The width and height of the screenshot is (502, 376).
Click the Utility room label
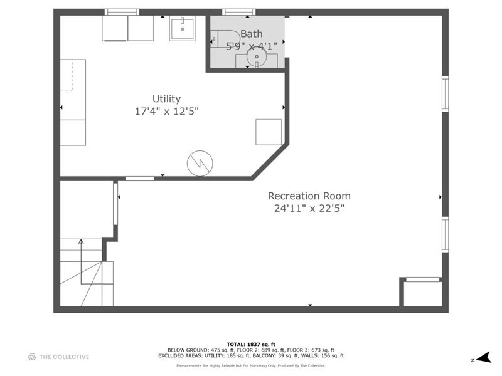click(166, 98)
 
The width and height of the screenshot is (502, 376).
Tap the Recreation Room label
click(309, 196)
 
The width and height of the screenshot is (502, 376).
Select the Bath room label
click(252, 34)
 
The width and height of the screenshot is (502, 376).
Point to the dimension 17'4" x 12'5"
click(166, 112)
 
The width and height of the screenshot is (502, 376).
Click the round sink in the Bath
click(257, 58)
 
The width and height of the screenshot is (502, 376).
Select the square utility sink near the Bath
click(183, 28)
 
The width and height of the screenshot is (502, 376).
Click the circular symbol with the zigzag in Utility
click(200, 164)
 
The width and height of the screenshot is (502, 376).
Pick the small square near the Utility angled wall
click(269, 132)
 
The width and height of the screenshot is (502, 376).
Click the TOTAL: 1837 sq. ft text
click(251, 345)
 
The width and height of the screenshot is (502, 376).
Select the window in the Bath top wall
click(239, 11)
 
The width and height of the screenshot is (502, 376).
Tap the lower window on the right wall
click(445, 234)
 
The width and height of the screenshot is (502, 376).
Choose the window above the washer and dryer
click(122, 11)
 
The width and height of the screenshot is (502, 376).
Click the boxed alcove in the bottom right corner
click(422, 293)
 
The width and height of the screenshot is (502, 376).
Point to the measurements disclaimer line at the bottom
click(251, 365)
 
